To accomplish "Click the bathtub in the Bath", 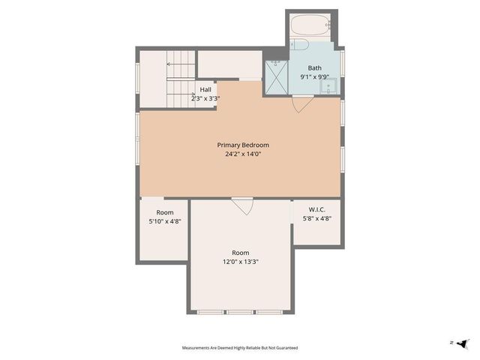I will pos(311,25).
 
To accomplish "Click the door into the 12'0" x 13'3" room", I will pos(241,205).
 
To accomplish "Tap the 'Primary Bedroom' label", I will pos(243,145).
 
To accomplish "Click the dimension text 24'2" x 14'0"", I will pos(243,154).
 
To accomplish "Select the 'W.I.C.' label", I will pos(316,209).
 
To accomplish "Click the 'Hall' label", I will pos(205,89).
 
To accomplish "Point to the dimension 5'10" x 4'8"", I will pos(164,222).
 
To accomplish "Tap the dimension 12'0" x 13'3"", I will pos(240,262).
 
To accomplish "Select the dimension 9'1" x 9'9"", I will pos(313,76).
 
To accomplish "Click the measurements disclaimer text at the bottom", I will pos(240,348).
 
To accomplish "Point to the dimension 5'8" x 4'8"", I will pos(316,219).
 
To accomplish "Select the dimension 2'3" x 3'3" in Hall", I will pos(205,98).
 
